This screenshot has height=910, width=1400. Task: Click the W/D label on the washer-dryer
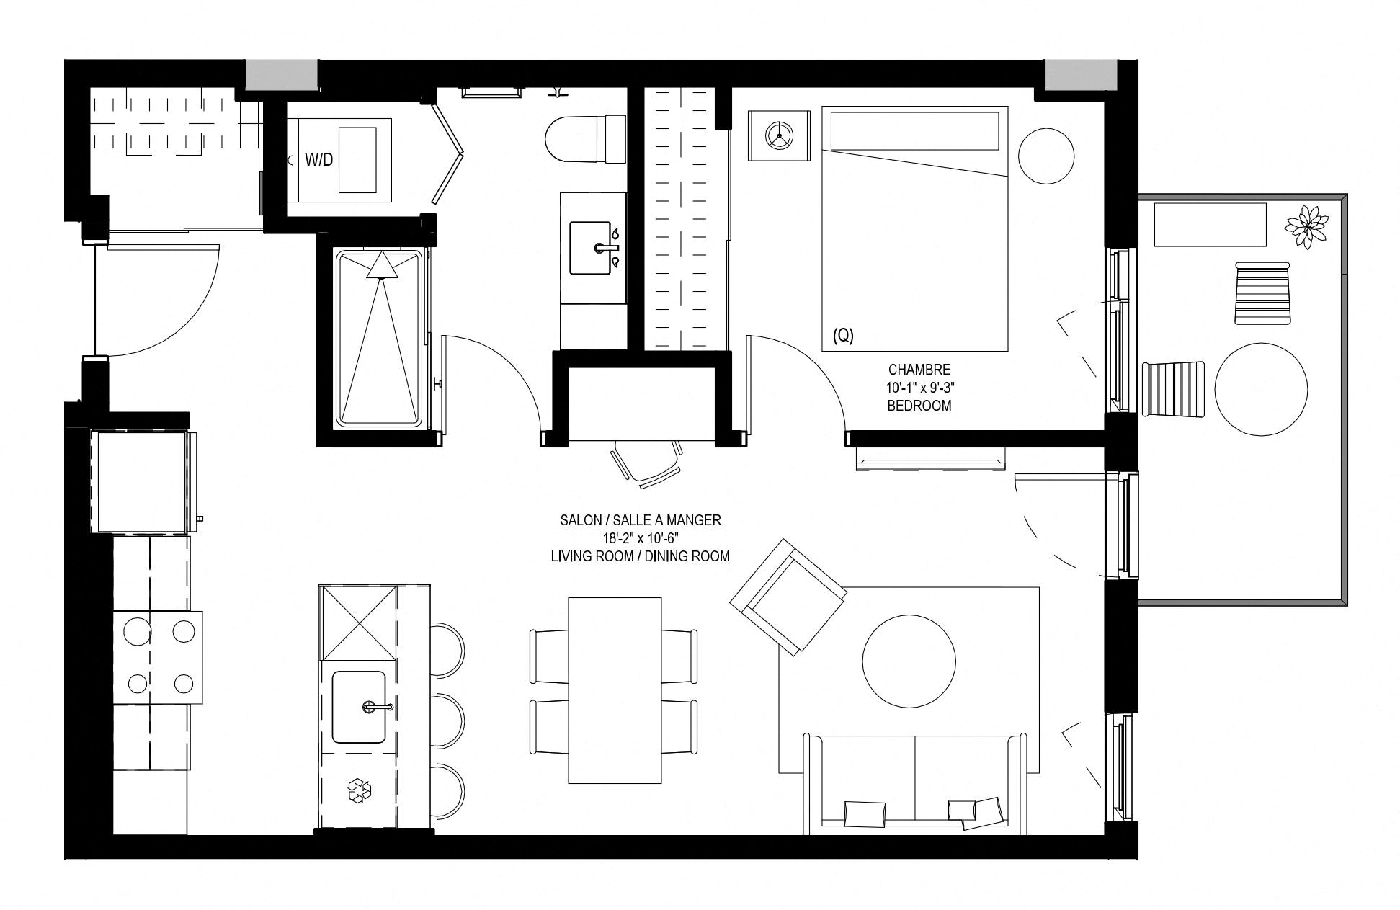(x=318, y=160)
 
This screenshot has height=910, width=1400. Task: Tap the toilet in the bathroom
(x=586, y=139)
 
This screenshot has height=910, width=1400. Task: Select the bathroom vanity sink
(x=595, y=248)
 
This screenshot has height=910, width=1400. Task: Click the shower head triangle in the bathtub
(x=382, y=265)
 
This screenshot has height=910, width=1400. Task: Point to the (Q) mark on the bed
(x=843, y=335)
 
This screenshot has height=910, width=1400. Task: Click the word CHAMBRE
(x=919, y=370)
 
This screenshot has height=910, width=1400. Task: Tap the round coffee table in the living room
(x=909, y=661)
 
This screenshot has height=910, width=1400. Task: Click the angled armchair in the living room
(x=788, y=597)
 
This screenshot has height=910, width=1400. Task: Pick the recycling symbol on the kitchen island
(x=359, y=790)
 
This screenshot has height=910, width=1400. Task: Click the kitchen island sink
(x=359, y=707)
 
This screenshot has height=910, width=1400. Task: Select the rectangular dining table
(x=615, y=690)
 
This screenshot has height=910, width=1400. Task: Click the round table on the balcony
(x=1261, y=389)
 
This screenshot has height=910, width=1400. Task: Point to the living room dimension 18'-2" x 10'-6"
(x=641, y=538)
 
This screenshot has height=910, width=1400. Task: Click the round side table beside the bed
(x=1046, y=156)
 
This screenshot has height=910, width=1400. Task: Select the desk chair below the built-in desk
(x=646, y=460)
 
